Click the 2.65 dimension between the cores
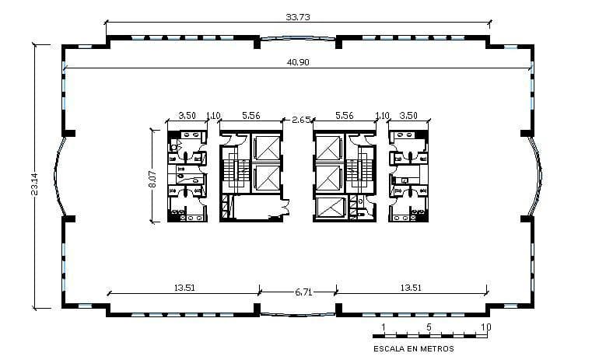(x=301, y=120)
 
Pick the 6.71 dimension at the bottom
(x=303, y=292)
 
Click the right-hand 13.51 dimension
(x=411, y=288)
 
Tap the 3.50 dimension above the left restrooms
(x=187, y=115)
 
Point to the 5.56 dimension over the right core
(x=344, y=115)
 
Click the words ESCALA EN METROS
(x=413, y=348)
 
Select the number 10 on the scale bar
(x=485, y=327)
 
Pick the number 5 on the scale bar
(x=429, y=327)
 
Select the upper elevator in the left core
(x=266, y=147)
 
